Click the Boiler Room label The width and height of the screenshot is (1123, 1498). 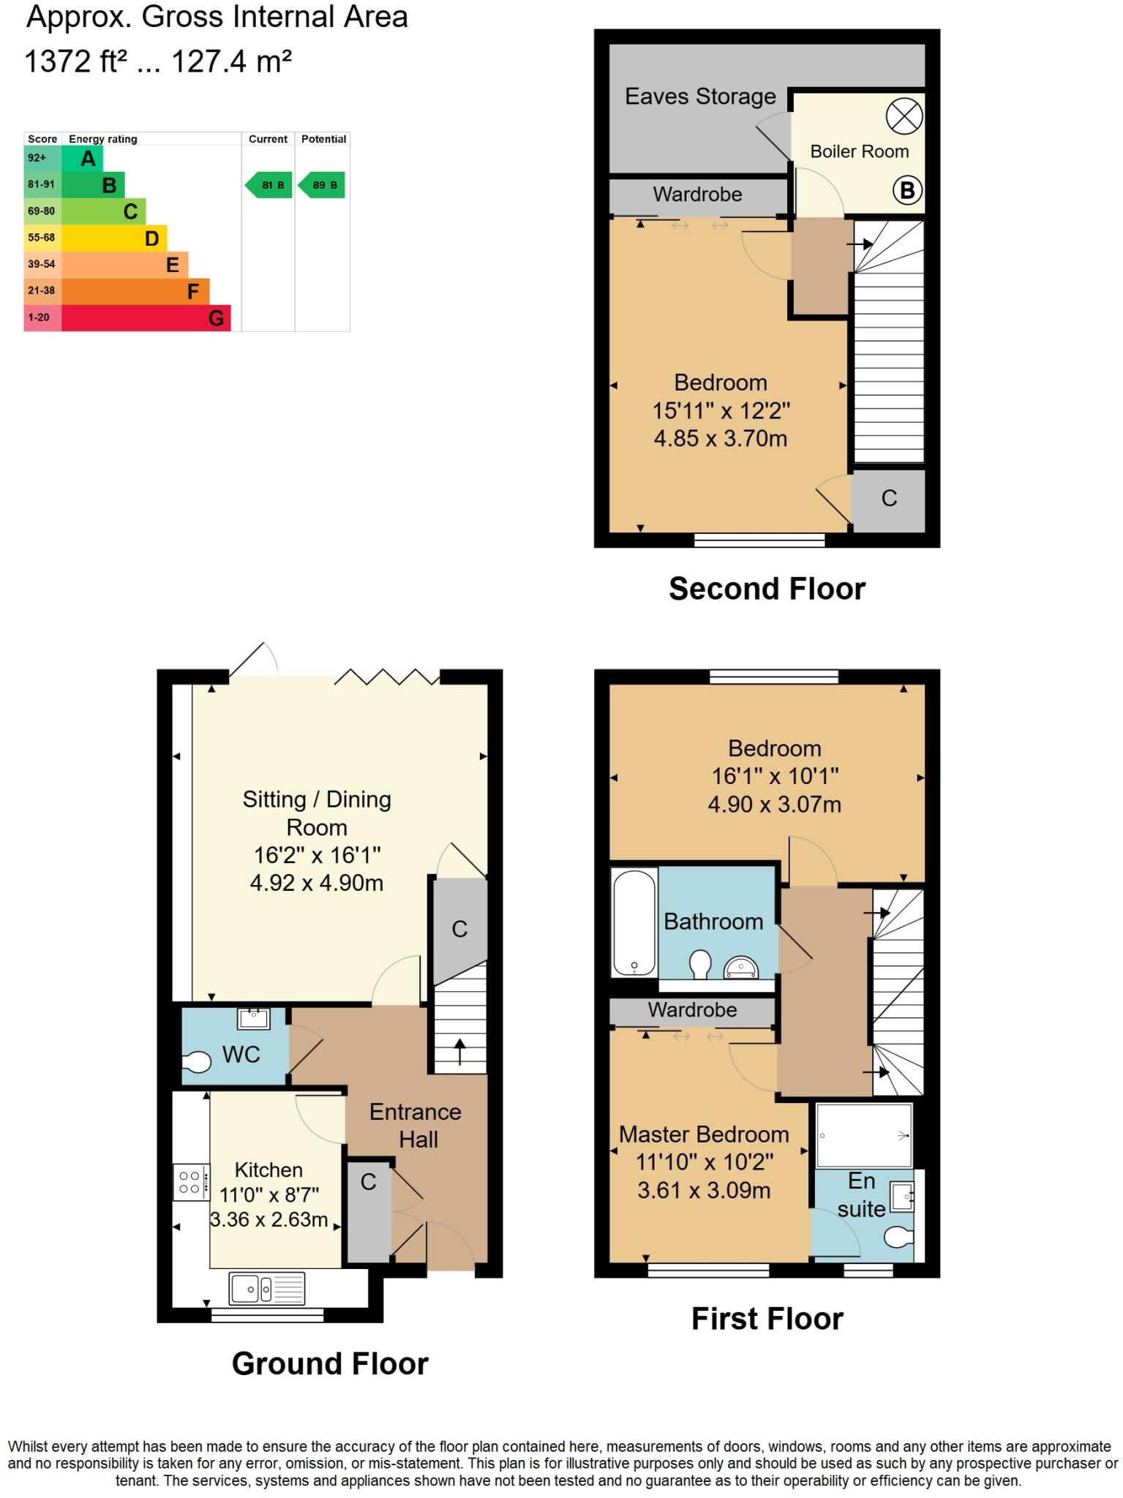pos(859,151)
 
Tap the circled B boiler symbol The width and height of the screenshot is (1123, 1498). pos(907,191)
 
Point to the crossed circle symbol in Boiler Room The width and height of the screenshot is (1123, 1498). pos(904,116)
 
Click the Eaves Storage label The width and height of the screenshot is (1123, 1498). pos(700,97)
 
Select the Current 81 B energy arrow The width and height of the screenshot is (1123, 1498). pos(268,185)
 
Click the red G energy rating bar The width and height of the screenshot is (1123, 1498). pos(146,318)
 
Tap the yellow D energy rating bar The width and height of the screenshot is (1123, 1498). pos(114,238)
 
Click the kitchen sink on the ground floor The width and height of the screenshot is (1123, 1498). pos(266,1288)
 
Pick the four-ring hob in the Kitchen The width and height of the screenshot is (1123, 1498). pos(190,1183)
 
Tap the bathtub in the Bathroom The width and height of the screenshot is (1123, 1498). pos(634,922)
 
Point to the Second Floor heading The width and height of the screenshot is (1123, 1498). pos(767,589)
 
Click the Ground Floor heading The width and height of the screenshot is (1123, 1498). pos(330,1364)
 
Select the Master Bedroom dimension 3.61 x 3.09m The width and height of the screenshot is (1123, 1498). pos(704,1190)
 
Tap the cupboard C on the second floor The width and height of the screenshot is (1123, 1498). pos(889,499)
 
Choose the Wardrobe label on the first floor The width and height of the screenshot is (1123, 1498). pos(692,1010)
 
